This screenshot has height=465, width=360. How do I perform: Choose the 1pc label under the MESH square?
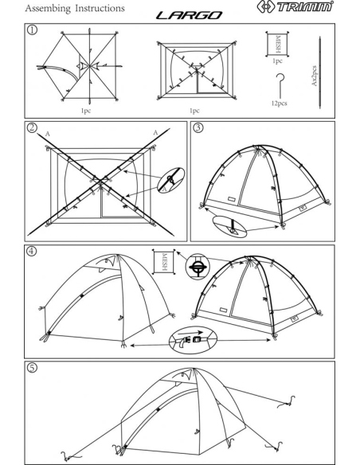[277, 61]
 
